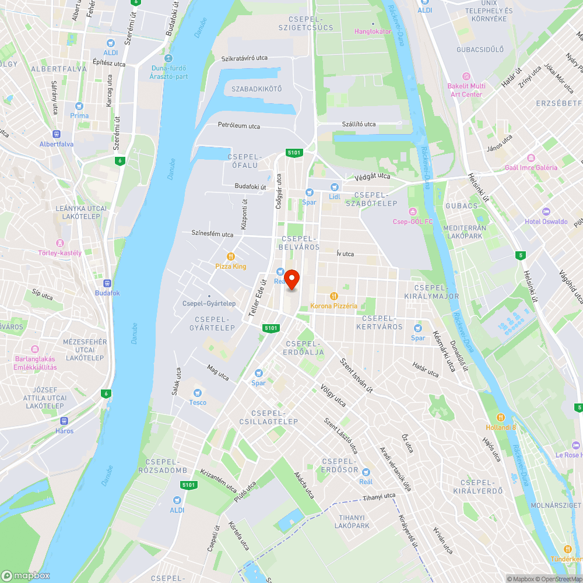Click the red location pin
pyautogui.click(x=291, y=279)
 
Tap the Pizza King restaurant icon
pyautogui.click(x=231, y=256)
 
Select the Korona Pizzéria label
pyautogui.click(x=334, y=306)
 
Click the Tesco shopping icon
pyautogui.click(x=197, y=392)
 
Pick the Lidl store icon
pyautogui.click(x=334, y=187)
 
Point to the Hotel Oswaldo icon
pyautogui.click(x=546, y=211)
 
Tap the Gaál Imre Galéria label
pyautogui.click(x=531, y=168)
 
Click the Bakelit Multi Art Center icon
pyautogui.click(x=465, y=76)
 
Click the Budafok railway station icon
pyautogui.click(x=107, y=283)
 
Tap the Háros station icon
pyautogui.click(x=64, y=421)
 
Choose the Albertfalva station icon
pyautogui.click(x=57, y=134)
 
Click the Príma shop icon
pyautogui.click(x=79, y=106)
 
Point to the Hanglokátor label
pyautogui.click(x=373, y=31)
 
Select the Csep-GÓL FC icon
pyautogui.click(x=413, y=212)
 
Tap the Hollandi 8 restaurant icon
pyautogui.click(x=500, y=417)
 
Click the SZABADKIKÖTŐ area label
pyautogui.click(x=257, y=89)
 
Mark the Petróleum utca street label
pyautogui.click(x=239, y=125)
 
